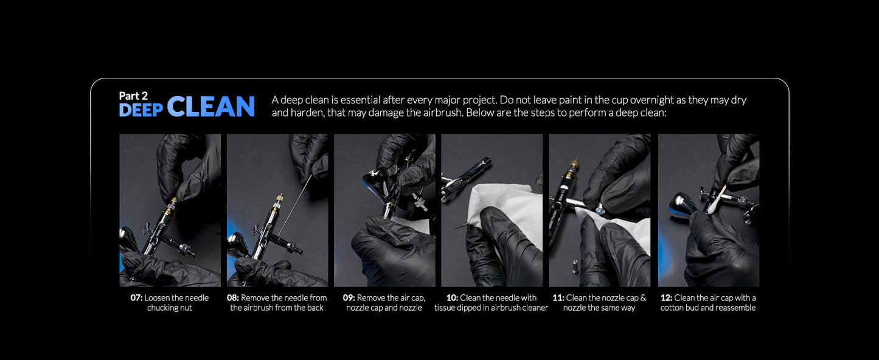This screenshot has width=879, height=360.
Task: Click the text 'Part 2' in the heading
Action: click(x=133, y=96)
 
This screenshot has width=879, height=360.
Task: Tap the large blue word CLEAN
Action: click(x=211, y=106)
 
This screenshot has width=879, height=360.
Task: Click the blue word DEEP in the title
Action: click(x=141, y=110)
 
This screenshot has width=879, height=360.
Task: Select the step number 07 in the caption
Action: click(x=136, y=298)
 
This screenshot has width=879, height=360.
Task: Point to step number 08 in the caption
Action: click(x=233, y=298)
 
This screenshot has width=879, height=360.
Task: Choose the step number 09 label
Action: click(x=349, y=298)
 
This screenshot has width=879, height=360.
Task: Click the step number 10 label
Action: click(x=452, y=298)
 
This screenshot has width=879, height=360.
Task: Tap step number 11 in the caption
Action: click(x=558, y=298)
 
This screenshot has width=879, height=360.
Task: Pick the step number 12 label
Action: click(x=667, y=298)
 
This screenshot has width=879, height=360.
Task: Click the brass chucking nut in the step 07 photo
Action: click(x=172, y=204)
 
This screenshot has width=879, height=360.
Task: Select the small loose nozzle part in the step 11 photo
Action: click(x=574, y=268)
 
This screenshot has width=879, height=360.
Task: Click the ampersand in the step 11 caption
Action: click(x=643, y=298)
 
